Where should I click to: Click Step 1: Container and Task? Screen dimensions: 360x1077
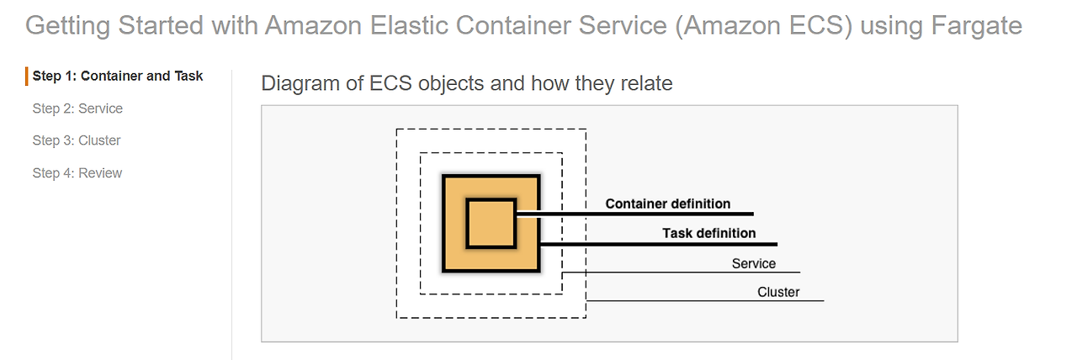118,77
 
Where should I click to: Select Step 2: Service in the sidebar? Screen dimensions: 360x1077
77,109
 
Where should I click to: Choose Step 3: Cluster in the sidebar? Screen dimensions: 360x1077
77,140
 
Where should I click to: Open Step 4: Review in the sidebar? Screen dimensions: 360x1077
77,173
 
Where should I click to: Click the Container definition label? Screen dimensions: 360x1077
668,204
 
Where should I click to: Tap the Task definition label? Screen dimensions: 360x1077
708,233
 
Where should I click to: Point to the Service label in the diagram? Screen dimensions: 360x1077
753,263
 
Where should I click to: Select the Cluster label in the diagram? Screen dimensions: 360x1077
778,293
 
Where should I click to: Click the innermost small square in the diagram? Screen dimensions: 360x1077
491,223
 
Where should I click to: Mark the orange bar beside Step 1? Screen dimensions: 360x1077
27,77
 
